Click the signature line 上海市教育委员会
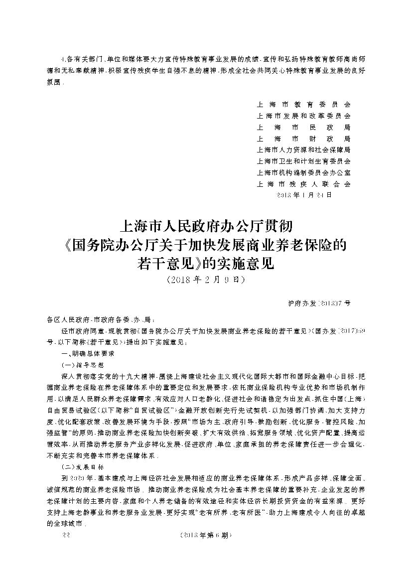303,105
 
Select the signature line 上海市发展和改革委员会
303,116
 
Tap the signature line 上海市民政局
303,128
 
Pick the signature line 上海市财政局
303,139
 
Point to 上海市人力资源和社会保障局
303,150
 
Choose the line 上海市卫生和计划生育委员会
303,161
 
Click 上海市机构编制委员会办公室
303,173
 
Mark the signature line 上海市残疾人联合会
303,184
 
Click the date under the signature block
303,195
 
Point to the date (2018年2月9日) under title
206,280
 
